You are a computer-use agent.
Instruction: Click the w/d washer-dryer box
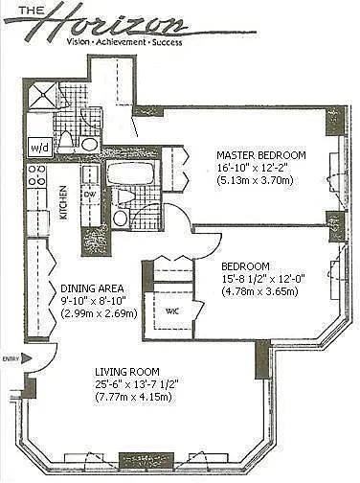[40, 148]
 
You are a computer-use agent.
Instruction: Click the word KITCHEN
[64, 202]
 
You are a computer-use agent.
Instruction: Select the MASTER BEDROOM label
[261, 155]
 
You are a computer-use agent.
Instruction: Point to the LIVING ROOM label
[127, 372]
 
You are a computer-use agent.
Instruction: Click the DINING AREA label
[92, 288]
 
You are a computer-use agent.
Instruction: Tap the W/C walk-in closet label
[171, 310]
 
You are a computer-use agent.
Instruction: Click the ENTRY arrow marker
[27, 358]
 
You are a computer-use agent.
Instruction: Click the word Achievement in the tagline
[122, 42]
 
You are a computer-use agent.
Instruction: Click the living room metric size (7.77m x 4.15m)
[133, 397]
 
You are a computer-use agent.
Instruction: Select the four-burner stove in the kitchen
[37, 175]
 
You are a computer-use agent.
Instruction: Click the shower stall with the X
[42, 94]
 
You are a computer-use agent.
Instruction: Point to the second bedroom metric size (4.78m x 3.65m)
[259, 291]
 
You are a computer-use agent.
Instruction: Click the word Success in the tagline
[167, 42]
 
